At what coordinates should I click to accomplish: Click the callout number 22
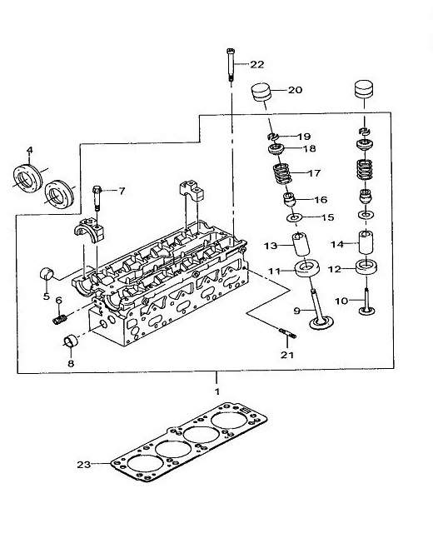pos(256,64)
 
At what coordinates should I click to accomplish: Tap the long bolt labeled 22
pos(231,65)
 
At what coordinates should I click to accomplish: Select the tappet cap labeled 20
pos(261,92)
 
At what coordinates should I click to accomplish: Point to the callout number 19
pos(304,137)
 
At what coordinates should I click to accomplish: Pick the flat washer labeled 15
pos(294,217)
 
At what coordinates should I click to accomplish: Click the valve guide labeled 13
pos(301,244)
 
